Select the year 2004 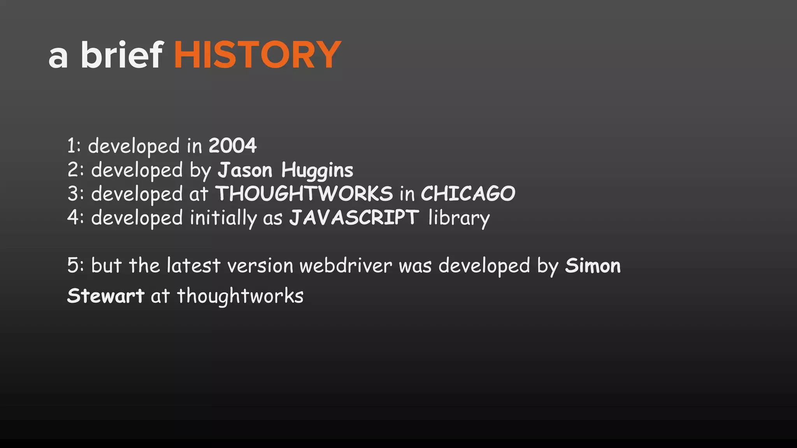(233, 146)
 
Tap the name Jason (245, 170)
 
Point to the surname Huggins (317, 171)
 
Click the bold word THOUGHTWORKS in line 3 (304, 194)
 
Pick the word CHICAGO (468, 194)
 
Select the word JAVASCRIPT (354, 217)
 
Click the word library (458, 218)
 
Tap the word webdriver (346, 266)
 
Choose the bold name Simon (593, 266)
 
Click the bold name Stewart (105, 296)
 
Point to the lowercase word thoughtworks (240, 296)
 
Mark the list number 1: (74, 146)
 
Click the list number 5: (75, 266)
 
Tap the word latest (193, 266)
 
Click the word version (260, 266)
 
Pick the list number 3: (75, 194)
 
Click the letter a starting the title (58, 57)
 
